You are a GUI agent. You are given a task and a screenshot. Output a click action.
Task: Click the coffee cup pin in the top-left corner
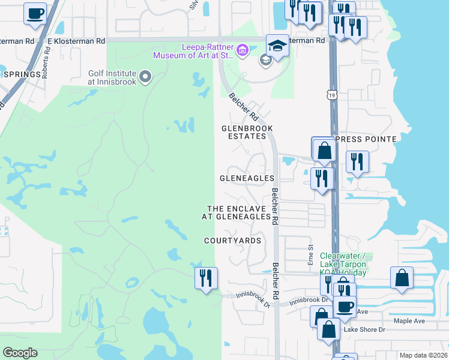click(35, 13)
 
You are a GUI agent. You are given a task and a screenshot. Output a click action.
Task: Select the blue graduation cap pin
click(277, 46)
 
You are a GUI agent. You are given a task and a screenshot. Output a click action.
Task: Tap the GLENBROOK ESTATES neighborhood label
click(247, 132)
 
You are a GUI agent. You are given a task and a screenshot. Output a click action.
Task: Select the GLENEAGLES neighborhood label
click(247, 178)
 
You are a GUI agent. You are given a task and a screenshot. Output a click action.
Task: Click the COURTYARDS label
click(232, 241)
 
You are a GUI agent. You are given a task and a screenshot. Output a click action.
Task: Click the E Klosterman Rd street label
click(76, 41)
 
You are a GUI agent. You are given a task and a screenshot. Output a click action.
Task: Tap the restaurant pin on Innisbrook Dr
click(206, 278)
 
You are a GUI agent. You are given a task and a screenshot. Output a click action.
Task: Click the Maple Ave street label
click(409, 321)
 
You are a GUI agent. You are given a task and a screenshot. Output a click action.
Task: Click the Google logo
click(20, 353)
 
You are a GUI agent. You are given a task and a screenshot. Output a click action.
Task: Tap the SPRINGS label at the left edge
click(23, 74)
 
